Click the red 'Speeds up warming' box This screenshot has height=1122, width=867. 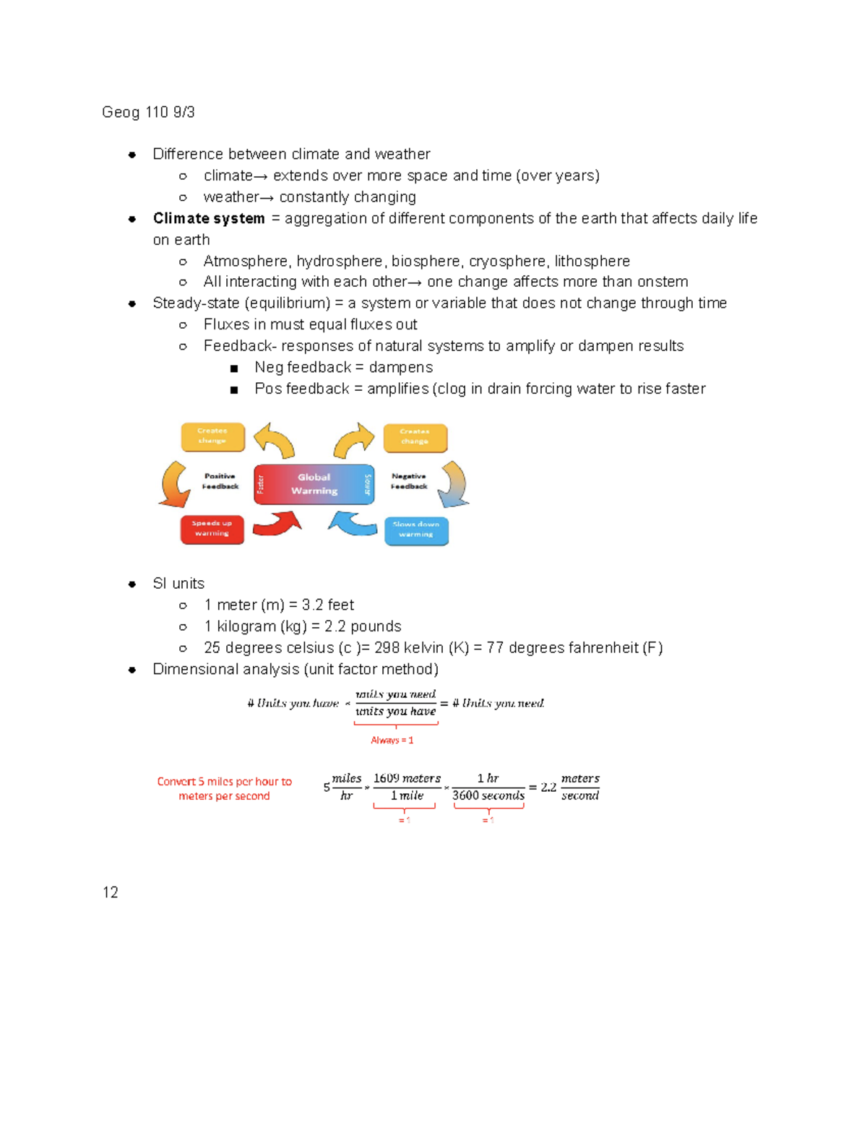coord(212,529)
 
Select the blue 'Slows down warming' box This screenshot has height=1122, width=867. coord(416,530)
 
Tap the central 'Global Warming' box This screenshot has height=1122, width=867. coord(314,484)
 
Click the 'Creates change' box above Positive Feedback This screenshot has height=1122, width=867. coord(212,436)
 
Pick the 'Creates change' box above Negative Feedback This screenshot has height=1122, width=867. coord(415,437)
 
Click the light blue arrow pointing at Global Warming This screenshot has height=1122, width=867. coord(353,522)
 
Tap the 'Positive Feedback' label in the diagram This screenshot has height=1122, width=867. coord(220,481)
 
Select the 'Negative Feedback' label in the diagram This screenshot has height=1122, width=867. coord(409,481)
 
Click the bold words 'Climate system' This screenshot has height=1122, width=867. coord(209,218)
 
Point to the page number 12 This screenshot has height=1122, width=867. coord(111,892)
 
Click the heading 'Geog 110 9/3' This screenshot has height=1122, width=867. coord(148,112)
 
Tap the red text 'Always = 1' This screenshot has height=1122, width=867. coord(392,740)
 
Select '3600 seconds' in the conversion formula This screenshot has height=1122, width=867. coord(488,795)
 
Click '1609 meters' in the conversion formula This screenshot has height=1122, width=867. coord(407,778)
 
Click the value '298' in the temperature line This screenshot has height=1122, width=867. coord(387,647)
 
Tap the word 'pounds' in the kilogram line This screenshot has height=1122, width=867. coord(376,626)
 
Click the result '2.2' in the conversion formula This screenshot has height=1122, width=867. coord(548,787)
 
